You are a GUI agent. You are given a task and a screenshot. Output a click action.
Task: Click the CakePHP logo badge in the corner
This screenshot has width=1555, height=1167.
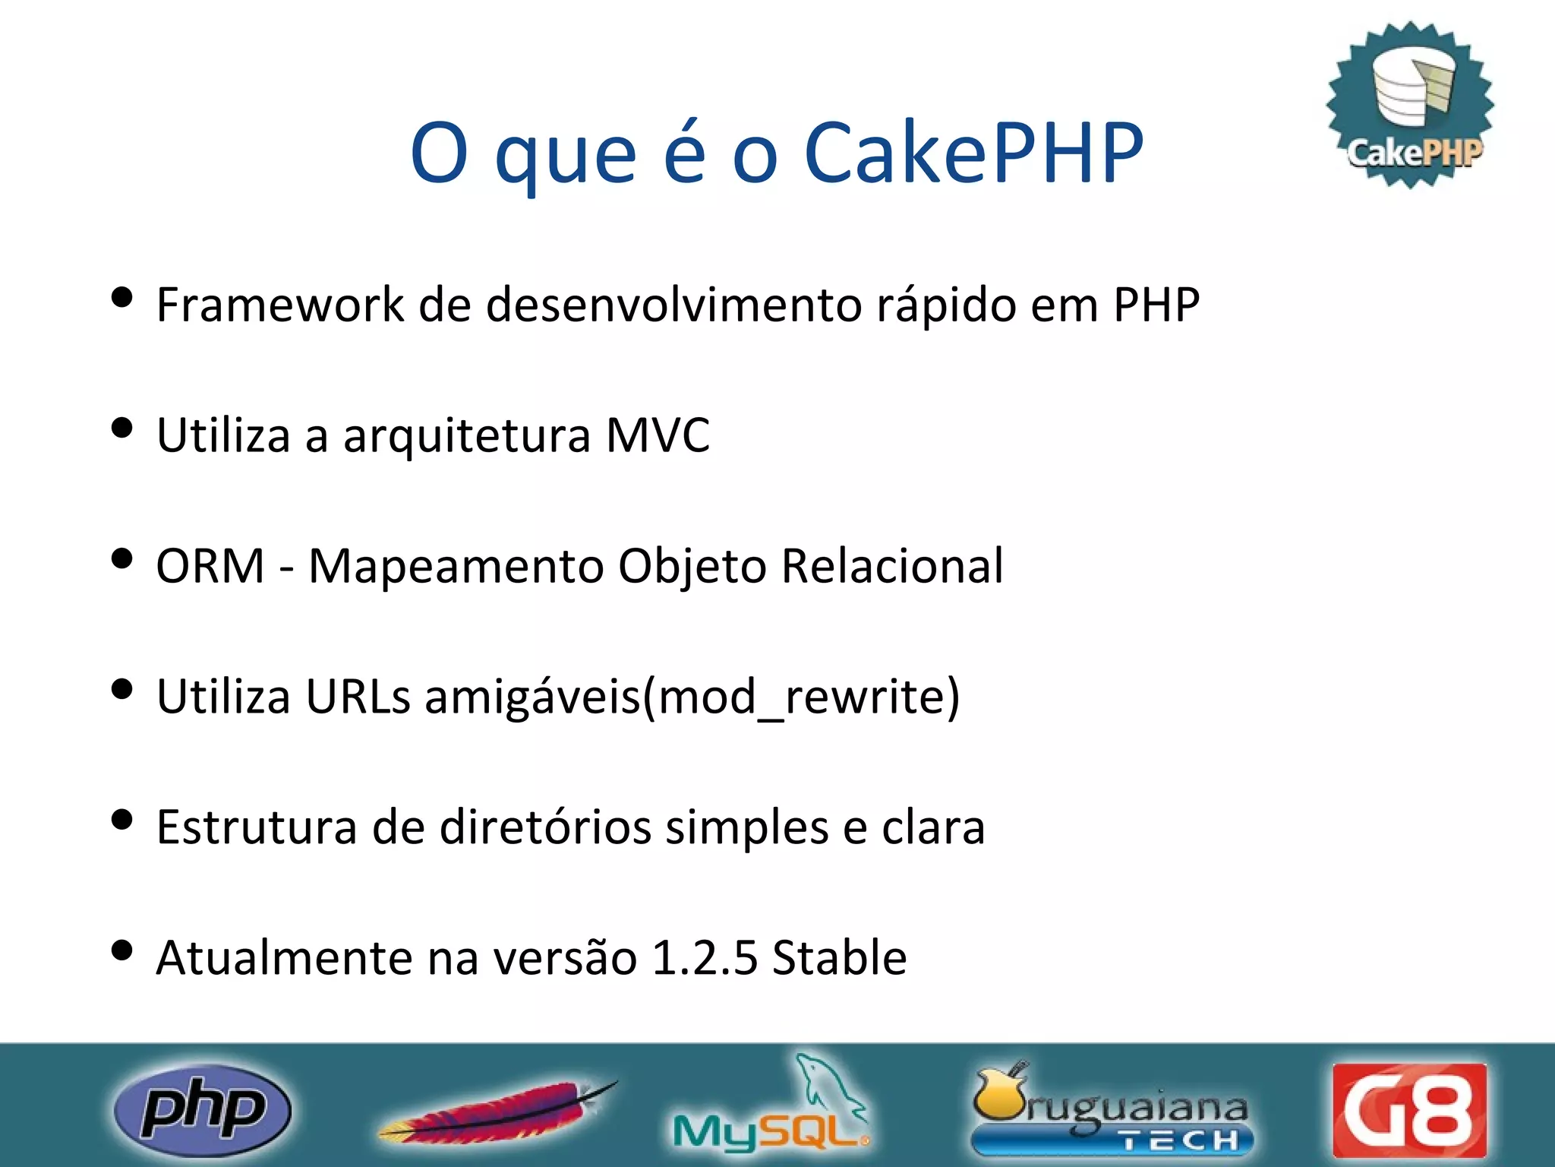[x=1411, y=105]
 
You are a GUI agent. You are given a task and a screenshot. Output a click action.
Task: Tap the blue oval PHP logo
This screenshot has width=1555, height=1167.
[x=202, y=1110]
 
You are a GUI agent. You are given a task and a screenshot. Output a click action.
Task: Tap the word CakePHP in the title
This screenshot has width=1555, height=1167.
[x=973, y=153]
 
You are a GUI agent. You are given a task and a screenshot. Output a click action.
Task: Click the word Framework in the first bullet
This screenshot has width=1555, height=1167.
[x=280, y=305]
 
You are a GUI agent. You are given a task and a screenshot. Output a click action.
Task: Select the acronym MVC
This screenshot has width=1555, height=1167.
[x=658, y=436]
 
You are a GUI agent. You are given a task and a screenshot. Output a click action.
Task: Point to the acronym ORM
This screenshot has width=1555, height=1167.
[x=210, y=566]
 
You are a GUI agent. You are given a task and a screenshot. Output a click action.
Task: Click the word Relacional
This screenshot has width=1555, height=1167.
[x=892, y=566]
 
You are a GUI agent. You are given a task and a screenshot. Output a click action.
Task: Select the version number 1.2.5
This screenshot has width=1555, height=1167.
[x=704, y=957]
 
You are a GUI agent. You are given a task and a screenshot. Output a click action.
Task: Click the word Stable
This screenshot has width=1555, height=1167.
[x=839, y=957]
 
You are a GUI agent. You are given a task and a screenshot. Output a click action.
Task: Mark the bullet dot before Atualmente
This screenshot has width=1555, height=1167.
[x=121, y=950]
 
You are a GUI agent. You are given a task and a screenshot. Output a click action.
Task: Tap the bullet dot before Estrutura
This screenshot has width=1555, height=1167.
[x=121, y=820]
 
